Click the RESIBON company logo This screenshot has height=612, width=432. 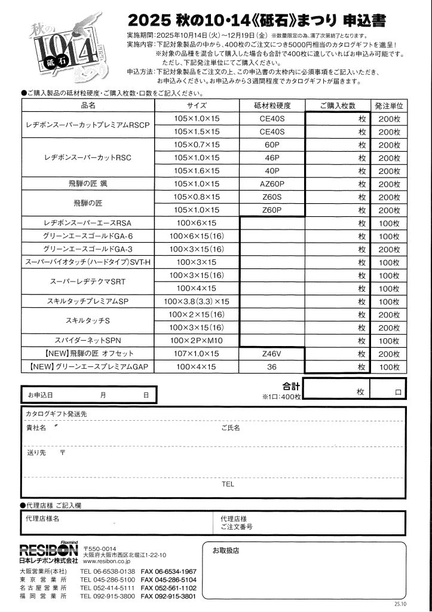[48, 550]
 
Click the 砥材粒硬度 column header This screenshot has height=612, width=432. [272, 105]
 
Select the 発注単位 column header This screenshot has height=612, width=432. [388, 105]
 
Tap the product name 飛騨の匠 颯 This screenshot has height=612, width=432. [88, 183]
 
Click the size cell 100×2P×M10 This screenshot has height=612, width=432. [197, 341]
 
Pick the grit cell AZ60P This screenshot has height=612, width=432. [272, 183]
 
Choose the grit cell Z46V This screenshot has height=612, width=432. [272, 354]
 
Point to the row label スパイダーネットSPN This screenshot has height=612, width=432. [88, 341]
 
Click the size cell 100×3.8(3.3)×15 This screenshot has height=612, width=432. [197, 301]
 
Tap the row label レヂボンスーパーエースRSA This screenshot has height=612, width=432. [88, 223]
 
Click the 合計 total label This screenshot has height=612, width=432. [290, 386]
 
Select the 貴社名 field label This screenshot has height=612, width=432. [36, 428]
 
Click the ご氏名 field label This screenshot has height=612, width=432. [230, 428]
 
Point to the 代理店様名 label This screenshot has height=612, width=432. [42, 518]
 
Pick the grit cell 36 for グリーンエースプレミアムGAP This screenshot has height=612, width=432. [272, 367]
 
